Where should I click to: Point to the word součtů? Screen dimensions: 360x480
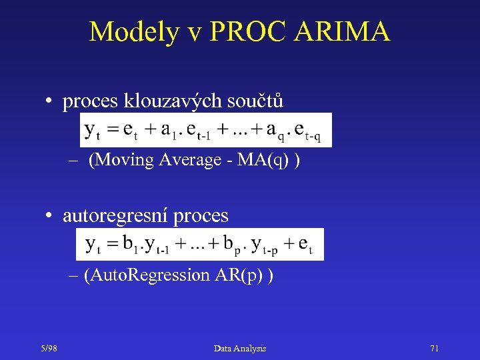[x=255, y=101]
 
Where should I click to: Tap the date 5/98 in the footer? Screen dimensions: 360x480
[x=47, y=348]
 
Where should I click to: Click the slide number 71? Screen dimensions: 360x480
[x=434, y=348]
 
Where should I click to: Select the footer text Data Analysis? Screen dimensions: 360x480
[x=240, y=348]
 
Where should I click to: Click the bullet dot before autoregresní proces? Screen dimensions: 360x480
[x=49, y=217]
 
